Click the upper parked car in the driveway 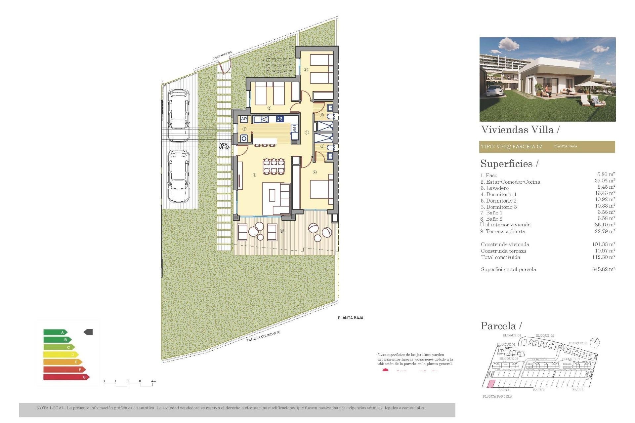point(179,115)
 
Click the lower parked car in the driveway point(179,176)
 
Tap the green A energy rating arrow point(55,332)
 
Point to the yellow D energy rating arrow point(61,355)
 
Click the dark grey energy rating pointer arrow point(88,332)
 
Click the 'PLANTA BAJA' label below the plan point(351,318)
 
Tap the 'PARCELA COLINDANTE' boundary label point(263,336)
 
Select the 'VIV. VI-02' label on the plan point(224,146)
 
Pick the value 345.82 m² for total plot point(603,269)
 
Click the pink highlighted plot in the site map point(492,384)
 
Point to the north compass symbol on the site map point(595,342)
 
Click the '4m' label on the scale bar point(153,381)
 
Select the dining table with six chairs point(274,166)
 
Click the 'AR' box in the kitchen point(244,119)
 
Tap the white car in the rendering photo point(495,91)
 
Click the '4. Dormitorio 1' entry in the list point(498,194)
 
